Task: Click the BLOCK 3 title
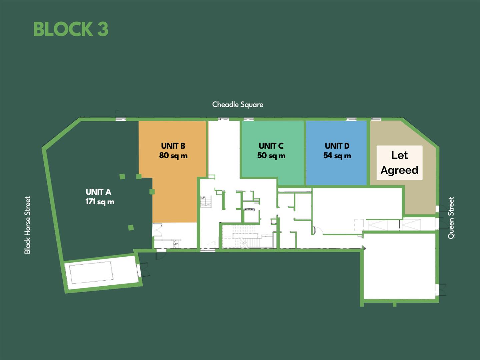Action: pos(71,29)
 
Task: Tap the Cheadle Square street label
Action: pos(238,105)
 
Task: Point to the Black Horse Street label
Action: pos(27,225)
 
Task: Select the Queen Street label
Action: pos(451,218)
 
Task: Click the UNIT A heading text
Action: pos(99,192)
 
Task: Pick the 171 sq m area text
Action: pos(100,202)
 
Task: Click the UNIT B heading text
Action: pos(173,146)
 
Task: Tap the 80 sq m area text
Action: pos(173,155)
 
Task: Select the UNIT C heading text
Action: pos(271,146)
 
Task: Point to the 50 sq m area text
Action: pos(271,155)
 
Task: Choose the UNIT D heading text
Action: pos(337,146)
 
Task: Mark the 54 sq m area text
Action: pos(337,155)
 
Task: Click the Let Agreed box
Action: pos(400,163)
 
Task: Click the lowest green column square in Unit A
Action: pos(131,228)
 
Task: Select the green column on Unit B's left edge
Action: pos(152,192)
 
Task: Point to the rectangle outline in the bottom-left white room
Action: pos(91,272)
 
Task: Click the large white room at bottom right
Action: pos(399,266)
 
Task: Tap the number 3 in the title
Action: pos(103,29)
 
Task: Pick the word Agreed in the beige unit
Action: pos(400,170)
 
